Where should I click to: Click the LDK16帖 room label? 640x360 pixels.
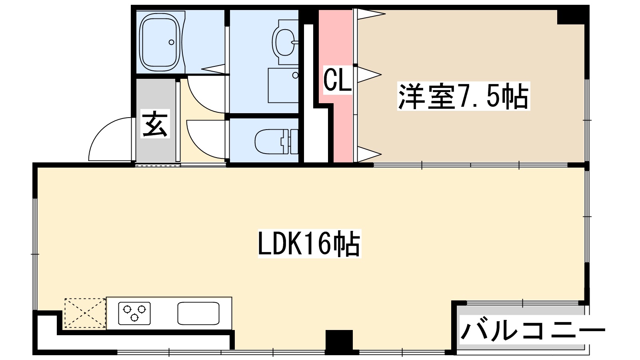(x=309, y=243)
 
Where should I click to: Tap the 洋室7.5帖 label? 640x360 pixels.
(x=463, y=96)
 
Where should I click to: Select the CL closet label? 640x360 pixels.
(x=337, y=80)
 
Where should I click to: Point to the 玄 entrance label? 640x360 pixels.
(x=155, y=124)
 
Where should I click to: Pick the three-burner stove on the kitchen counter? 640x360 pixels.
(x=134, y=313)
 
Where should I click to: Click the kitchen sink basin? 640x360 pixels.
(x=198, y=313)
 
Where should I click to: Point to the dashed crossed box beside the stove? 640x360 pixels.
(x=85, y=313)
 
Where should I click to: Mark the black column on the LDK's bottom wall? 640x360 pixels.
(x=339, y=342)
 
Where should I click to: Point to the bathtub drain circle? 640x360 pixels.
(x=171, y=42)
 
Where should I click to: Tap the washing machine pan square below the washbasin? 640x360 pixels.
(x=283, y=85)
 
